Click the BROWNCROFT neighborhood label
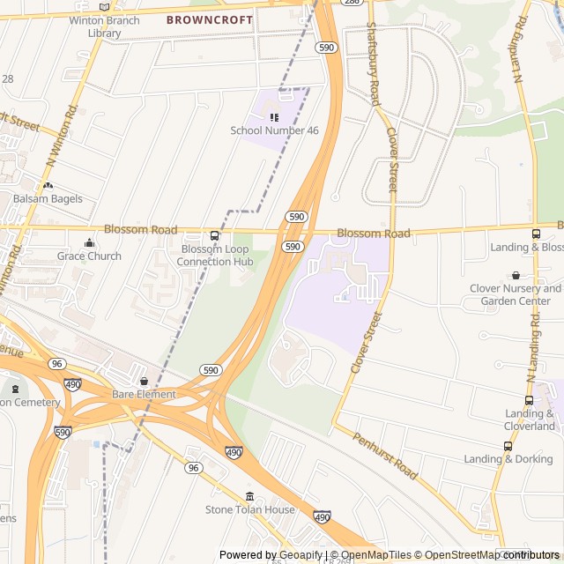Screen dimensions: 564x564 [x=210, y=19]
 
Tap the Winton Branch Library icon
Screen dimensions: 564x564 [x=105, y=7]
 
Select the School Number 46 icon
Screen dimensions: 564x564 [x=274, y=116]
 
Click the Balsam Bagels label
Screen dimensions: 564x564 [x=48, y=199]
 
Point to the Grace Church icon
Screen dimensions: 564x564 [x=89, y=243]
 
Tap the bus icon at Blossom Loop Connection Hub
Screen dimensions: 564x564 [x=214, y=236]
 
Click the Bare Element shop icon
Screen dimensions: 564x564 [x=144, y=382]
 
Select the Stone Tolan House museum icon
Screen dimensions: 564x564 [x=249, y=496]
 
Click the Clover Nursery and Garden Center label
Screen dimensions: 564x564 [x=516, y=294]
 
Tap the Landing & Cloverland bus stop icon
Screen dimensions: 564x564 [x=529, y=400]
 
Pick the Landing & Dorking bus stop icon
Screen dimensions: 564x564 [x=508, y=446]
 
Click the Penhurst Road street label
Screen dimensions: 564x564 [x=384, y=456]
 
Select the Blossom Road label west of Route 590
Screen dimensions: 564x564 [x=140, y=229]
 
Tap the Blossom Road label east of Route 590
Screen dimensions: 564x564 [x=373, y=234]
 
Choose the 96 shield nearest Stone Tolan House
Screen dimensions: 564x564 [x=193, y=468]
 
